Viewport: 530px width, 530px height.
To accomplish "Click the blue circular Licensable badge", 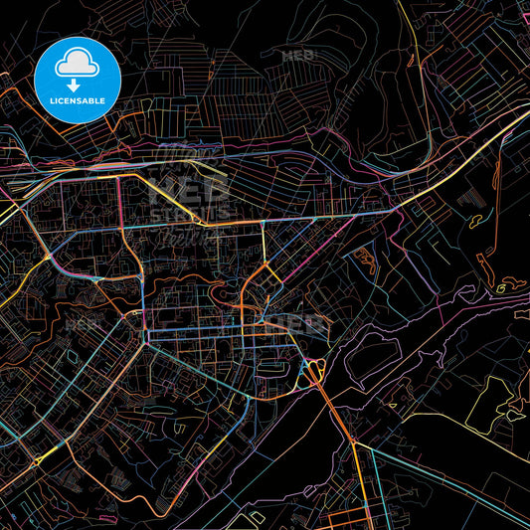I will (x=78, y=80).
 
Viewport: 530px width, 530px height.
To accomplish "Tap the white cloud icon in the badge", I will (x=78, y=66).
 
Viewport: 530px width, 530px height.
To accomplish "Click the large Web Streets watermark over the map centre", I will (x=189, y=204).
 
